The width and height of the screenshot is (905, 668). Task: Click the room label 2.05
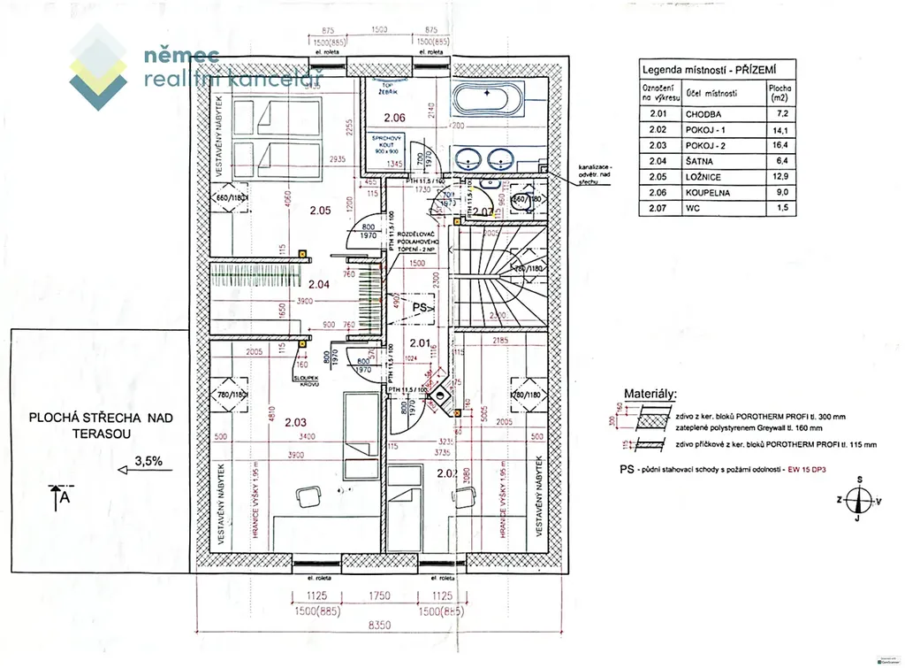(x=319, y=211)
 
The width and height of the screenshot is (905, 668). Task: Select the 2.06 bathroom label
(x=393, y=118)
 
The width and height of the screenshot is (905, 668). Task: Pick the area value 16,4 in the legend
(x=780, y=144)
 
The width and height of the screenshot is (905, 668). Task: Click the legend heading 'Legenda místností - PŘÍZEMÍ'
(x=706, y=69)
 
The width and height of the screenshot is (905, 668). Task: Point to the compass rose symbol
(x=857, y=499)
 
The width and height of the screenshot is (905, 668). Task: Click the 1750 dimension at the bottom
(x=379, y=595)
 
